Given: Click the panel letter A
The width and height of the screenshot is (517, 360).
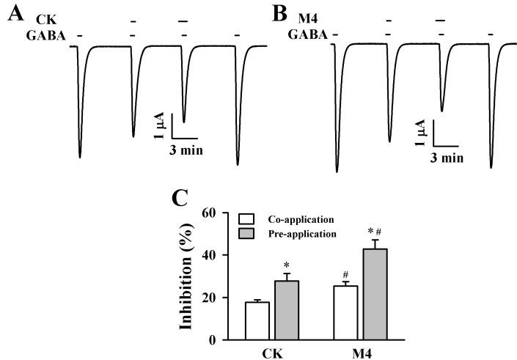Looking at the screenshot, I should [15, 12].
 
